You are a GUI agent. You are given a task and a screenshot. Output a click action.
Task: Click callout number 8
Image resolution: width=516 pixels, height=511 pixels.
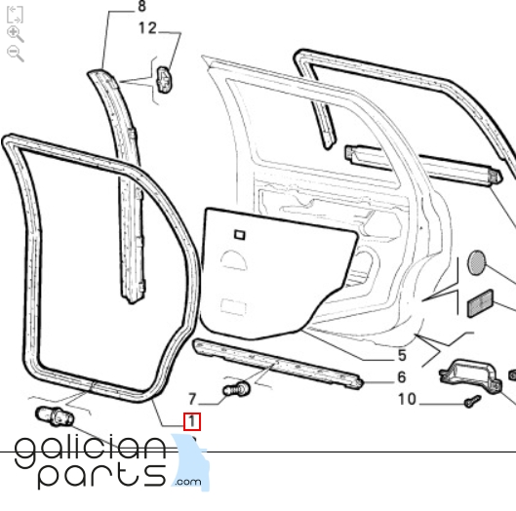pyautogui.click(x=141, y=6)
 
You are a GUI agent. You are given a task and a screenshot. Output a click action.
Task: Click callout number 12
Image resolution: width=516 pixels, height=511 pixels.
pyautogui.click(x=147, y=28)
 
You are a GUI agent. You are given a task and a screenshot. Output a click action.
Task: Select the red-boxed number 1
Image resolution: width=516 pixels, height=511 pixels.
pyautogui.click(x=192, y=421)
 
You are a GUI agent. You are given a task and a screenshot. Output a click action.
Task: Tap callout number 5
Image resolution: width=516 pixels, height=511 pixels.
pyautogui.click(x=402, y=355)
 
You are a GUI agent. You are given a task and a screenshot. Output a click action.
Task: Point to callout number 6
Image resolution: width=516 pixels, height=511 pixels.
pyautogui.click(x=402, y=377)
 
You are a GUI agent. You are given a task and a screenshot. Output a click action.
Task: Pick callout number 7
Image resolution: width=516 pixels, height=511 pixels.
pyautogui.click(x=192, y=399)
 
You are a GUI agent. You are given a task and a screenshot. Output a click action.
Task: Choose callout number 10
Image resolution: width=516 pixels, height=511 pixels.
pyautogui.click(x=407, y=399)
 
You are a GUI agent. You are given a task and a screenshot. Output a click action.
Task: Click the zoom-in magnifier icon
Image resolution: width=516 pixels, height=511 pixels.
pyautogui.click(x=15, y=34)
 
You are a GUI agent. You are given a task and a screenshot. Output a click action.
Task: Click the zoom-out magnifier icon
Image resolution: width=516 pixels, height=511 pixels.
pyautogui.click(x=15, y=54)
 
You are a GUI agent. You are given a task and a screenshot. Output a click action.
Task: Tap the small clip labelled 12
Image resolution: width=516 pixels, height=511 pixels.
pyautogui.click(x=164, y=80)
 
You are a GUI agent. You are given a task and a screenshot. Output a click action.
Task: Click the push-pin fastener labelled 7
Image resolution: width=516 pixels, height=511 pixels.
pyautogui.click(x=236, y=389)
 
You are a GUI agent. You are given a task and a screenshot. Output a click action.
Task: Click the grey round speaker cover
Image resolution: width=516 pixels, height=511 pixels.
pyautogui.click(x=476, y=262)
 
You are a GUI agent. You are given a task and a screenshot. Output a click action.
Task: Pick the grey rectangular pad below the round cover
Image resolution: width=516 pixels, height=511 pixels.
pyautogui.click(x=481, y=303)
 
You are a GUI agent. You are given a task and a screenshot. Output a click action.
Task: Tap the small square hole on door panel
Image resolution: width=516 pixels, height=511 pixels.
pyautogui.click(x=240, y=235)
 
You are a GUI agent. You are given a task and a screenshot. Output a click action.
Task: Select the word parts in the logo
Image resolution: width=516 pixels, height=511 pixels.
pyautogui.click(x=101, y=476)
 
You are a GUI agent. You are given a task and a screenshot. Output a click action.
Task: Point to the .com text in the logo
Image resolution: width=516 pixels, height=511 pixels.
pyautogui.click(x=188, y=482)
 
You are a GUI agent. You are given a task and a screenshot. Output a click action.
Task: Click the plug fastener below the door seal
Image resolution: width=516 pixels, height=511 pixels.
pyautogui.click(x=55, y=415)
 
